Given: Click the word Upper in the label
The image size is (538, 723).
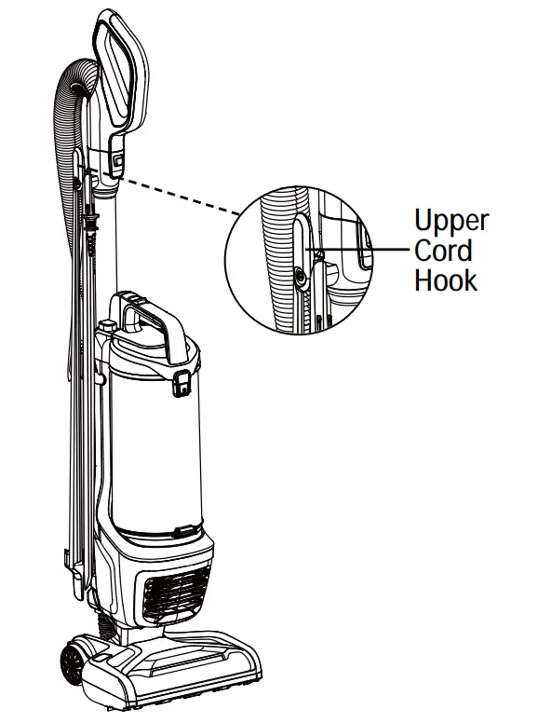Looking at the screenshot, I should (451, 222).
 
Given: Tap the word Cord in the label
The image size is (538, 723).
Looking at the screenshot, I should (443, 251).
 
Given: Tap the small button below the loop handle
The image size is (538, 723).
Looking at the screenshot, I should (118, 160).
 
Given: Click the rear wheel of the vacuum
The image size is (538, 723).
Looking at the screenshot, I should (72, 664).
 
